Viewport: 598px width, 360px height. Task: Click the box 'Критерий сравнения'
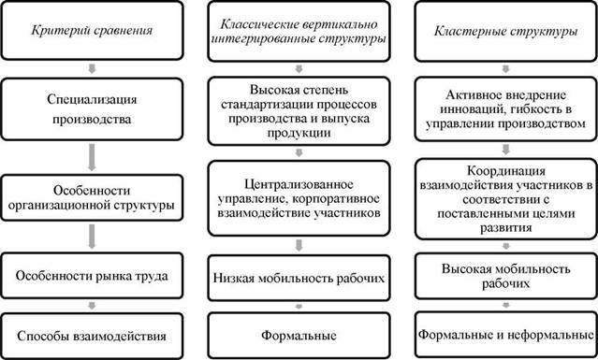click(x=92, y=31)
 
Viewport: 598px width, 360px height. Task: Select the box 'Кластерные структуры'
click(x=505, y=31)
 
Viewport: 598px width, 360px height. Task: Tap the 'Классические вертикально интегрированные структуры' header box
click(x=299, y=31)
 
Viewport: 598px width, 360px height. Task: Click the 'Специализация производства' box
click(x=92, y=109)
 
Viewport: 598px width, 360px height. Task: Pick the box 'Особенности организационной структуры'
click(x=92, y=197)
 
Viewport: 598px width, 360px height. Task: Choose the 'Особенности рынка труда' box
click(x=92, y=276)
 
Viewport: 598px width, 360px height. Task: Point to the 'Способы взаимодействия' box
click(x=92, y=336)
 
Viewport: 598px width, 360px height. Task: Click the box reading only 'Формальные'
click(x=299, y=336)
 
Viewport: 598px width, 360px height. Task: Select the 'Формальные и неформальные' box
click(x=505, y=335)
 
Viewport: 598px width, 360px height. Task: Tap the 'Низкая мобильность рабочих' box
click(x=299, y=278)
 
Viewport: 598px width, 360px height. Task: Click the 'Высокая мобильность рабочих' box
click(x=505, y=276)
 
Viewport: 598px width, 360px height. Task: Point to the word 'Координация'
click(x=506, y=171)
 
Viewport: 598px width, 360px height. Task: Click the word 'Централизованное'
click(x=299, y=185)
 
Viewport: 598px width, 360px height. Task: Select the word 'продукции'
click(x=299, y=133)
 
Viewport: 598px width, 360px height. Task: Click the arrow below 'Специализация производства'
click(x=92, y=157)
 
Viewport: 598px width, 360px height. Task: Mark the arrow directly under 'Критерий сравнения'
click(x=92, y=68)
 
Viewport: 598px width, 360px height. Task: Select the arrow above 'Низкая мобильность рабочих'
click(x=299, y=245)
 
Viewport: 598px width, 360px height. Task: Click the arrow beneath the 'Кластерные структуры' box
click(x=505, y=69)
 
